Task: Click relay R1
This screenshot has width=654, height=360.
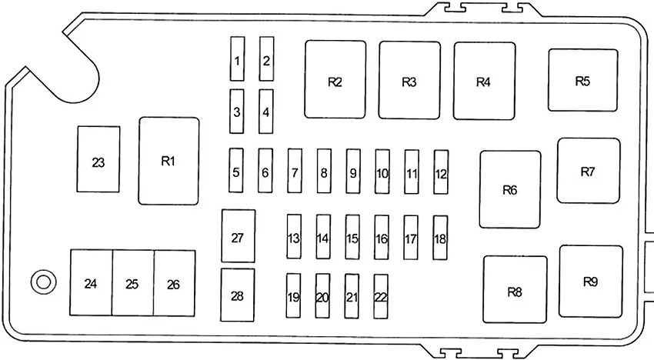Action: pyautogui.click(x=169, y=161)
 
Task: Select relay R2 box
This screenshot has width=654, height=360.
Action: pyautogui.click(x=335, y=80)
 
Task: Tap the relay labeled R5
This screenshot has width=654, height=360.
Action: pyautogui.click(x=582, y=81)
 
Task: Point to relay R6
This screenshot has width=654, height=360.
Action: pyautogui.click(x=509, y=189)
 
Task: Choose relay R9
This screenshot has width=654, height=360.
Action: pyautogui.click(x=590, y=281)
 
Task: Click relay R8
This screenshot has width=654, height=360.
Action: pyautogui.click(x=515, y=290)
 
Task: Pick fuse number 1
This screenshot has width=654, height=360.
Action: pyautogui.click(x=237, y=60)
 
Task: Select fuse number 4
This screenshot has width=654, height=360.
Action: pyautogui.click(x=266, y=111)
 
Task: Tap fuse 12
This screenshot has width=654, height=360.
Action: pyautogui.click(x=441, y=172)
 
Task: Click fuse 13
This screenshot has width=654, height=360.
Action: pyautogui.click(x=294, y=238)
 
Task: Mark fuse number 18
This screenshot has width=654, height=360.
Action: pyautogui.click(x=440, y=238)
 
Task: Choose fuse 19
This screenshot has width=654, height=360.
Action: pyautogui.click(x=293, y=296)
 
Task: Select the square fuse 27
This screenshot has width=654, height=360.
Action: pyautogui.click(x=237, y=236)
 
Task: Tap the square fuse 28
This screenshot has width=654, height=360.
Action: pyautogui.click(x=237, y=295)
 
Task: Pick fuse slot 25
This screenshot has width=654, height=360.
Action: pyautogui.click(x=132, y=283)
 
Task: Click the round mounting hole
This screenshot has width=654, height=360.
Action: pyautogui.click(x=41, y=282)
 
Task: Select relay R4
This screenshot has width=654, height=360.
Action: pyautogui.click(x=483, y=81)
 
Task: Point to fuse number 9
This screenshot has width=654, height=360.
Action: pyautogui.click(x=353, y=172)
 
